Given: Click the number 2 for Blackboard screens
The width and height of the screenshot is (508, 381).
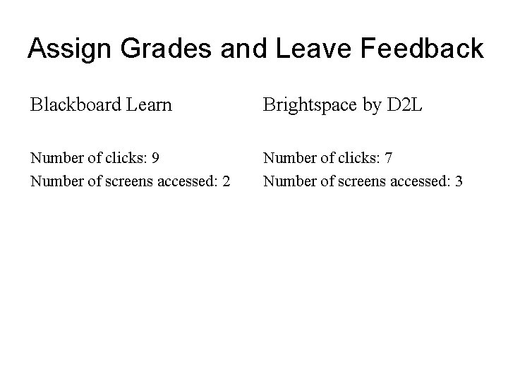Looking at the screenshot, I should (x=226, y=182).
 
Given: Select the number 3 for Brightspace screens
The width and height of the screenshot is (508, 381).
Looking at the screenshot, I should (x=459, y=182).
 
